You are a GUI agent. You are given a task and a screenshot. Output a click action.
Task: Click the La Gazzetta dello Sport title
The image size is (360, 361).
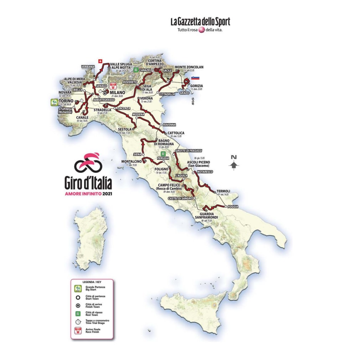(x=200, y=22)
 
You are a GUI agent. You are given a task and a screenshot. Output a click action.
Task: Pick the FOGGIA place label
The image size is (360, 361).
(x=232, y=206)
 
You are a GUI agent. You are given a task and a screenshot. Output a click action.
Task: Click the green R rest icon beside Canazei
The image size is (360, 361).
(x=136, y=70)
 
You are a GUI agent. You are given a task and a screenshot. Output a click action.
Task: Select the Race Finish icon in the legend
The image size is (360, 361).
(x=77, y=331)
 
